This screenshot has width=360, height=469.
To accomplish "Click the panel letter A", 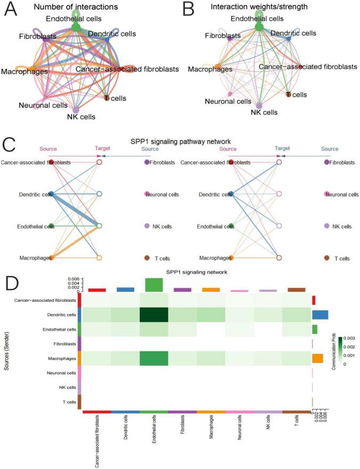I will point(10,10).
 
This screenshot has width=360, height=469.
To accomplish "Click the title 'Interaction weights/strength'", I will point(259,7).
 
